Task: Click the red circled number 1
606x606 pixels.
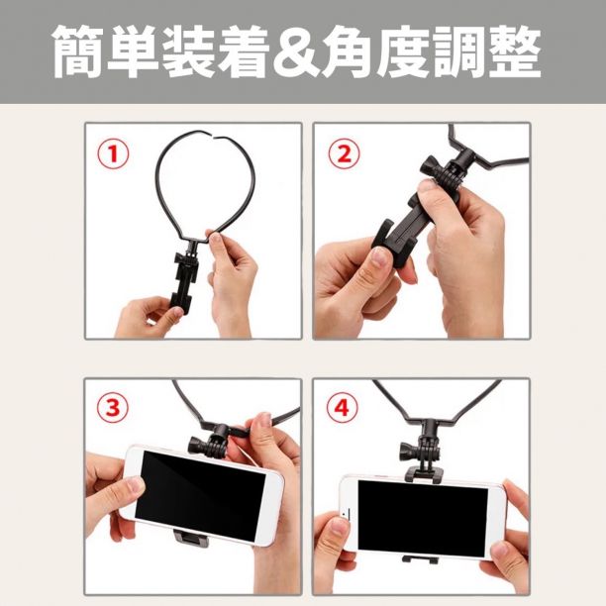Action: [113, 153]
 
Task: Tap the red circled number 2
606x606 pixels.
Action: [344, 153]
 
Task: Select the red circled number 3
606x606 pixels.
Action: [112, 407]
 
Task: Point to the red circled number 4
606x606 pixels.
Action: [342, 407]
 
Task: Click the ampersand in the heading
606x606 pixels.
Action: [295, 52]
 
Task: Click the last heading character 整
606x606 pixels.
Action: [515, 52]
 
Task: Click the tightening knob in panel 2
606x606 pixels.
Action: [430, 167]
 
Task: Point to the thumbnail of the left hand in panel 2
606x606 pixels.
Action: [379, 256]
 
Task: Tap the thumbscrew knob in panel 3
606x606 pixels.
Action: [196, 446]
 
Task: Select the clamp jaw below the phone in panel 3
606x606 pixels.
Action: [190, 538]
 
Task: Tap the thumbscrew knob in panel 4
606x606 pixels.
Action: [408, 451]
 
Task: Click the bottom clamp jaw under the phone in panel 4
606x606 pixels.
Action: [420, 559]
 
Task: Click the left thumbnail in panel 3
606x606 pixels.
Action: [136, 484]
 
